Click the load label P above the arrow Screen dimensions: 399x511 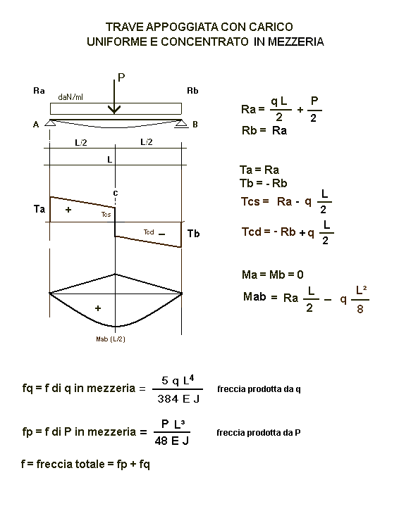point(121,77)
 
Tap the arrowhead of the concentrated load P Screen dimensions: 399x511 point(114,110)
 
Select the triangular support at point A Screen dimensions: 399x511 point(49,123)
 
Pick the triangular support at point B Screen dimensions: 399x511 point(182,123)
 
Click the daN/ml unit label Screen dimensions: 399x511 point(70,97)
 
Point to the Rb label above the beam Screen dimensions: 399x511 point(192,91)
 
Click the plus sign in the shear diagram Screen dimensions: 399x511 point(68,210)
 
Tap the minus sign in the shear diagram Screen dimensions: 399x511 point(161,234)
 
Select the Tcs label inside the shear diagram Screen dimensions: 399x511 point(106,215)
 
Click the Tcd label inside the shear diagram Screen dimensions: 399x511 point(149,232)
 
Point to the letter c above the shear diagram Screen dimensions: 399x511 point(116,194)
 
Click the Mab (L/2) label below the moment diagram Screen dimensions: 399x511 point(111,339)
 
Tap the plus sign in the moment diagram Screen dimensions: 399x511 point(98,308)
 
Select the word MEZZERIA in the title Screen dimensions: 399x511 point(296,42)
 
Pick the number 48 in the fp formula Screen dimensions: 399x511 point(161,441)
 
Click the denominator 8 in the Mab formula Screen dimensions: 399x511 point(360,308)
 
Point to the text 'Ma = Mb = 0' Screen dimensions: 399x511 point(273,275)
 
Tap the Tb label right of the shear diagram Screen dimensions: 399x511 point(193,234)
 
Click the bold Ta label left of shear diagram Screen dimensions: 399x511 point(39,208)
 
